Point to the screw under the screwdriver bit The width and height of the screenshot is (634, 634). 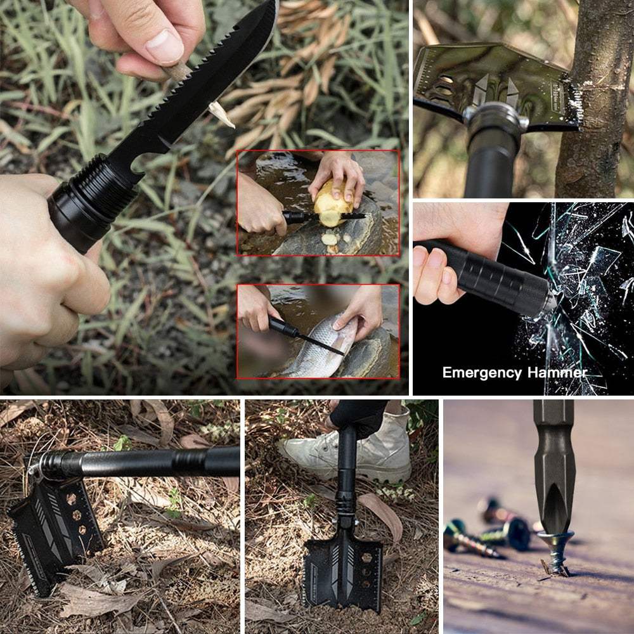point(555,552)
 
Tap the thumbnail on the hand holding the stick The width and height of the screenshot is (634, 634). point(165,46)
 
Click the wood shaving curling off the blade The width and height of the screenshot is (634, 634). point(221,113)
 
